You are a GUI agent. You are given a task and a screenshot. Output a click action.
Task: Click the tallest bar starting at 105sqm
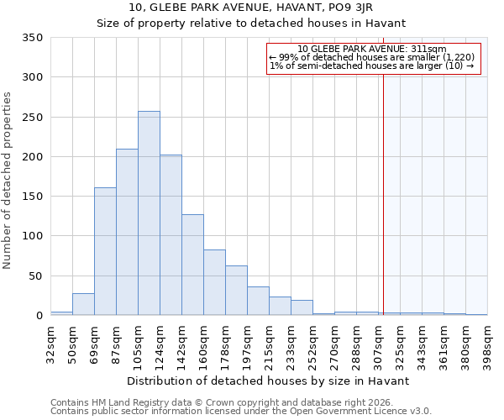click(149, 213)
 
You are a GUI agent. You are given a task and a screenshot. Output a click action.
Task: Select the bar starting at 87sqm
click(127, 232)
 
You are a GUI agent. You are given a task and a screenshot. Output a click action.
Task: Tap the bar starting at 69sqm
click(105, 251)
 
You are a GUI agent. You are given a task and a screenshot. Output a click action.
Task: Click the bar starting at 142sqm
click(192, 265)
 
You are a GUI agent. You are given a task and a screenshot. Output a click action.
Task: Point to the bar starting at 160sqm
click(214, 282)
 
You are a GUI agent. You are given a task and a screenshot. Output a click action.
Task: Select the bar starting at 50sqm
click(83, 304)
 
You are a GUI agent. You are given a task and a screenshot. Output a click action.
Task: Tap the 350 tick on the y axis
click(32, 38)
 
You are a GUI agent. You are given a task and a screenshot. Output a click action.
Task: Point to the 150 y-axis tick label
click(32, 197)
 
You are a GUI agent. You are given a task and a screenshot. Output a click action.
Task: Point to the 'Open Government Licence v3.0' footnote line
click(241, 411)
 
